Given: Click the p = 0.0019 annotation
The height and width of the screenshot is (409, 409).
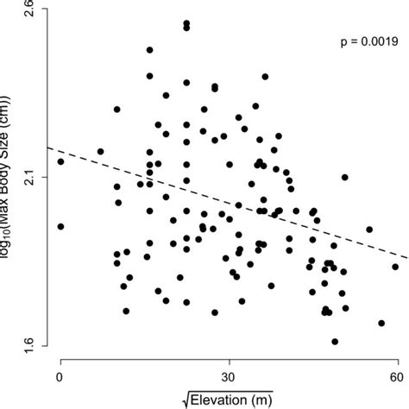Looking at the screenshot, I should pos(366,41).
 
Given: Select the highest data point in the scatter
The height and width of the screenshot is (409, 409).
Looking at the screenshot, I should pos(186,27).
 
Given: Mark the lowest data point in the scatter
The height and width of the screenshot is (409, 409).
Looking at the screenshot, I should pos(335,342).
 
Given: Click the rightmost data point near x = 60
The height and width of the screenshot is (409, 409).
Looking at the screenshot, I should pos(395,267).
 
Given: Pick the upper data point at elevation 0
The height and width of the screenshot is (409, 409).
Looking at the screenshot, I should pos(60,161).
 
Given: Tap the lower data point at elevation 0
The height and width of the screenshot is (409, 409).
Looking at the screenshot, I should pos(60,226).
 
